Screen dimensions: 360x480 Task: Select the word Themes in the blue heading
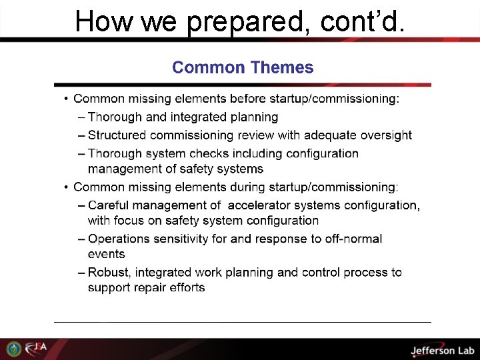click(281, 67)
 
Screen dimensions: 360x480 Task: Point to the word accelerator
click(259, 205)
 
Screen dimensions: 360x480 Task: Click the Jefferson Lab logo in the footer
click(441, 350)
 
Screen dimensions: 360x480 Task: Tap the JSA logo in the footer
click(36, 349)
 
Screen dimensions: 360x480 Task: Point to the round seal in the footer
click(13, 349)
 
